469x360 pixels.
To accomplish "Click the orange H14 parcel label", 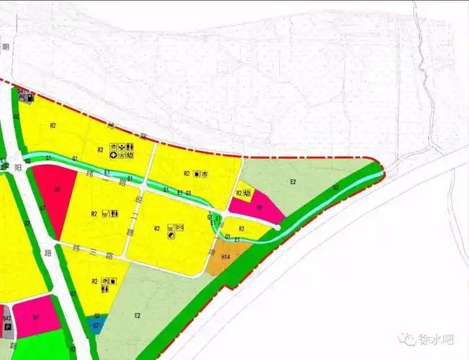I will point(225,257).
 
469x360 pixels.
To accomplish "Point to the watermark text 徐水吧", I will point(437,339).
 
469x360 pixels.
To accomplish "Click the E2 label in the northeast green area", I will point(293,181).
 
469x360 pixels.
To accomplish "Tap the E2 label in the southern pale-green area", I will point(137,315).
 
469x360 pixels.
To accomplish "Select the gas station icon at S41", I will point(31,97).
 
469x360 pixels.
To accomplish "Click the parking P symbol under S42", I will point(8,327).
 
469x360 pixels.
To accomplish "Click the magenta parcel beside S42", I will point(35,316).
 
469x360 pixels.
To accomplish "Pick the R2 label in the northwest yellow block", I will point(53,126).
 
